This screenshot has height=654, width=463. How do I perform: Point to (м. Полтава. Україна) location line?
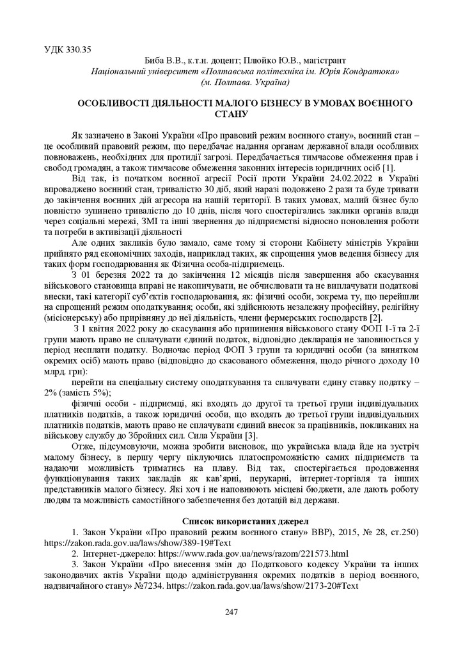pyautogui.click(x=245, y=82)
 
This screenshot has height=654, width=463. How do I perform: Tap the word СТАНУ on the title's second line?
pyautogui.click(x=231, y=114)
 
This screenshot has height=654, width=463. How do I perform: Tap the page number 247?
pyautogui.click(x=231, y=612)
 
